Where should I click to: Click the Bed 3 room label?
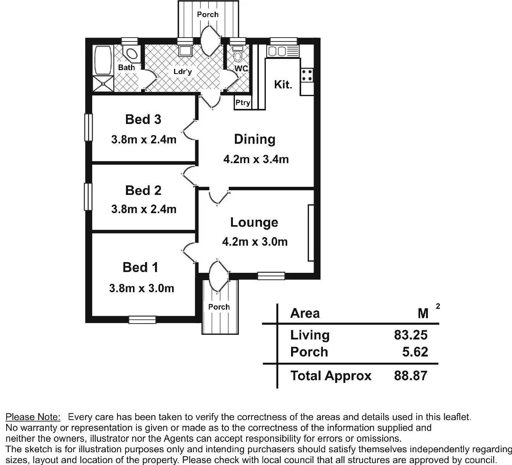pos(143,119)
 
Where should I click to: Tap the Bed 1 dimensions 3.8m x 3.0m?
pos(141,288)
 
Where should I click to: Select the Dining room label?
pos(255,139)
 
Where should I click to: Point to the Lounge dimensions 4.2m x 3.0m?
pos(255,242)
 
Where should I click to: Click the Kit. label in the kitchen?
pos(283,84)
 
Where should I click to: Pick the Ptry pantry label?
pos(243,103)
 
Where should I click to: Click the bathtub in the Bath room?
pos(103,60)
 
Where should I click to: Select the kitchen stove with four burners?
pos(307,75)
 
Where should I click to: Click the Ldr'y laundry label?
pos(183,72)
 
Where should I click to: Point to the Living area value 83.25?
pos(411,335)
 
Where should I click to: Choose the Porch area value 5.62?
pos(415,352)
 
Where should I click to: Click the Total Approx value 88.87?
pos(411,375)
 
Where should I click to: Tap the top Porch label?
pos(208,14)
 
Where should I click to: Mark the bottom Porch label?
pos(219,307)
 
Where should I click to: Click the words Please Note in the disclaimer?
pos(33,417)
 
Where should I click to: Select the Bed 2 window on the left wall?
pos(88,196)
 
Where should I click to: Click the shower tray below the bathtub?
pos(103,84)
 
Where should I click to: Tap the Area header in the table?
pos(305,313)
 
